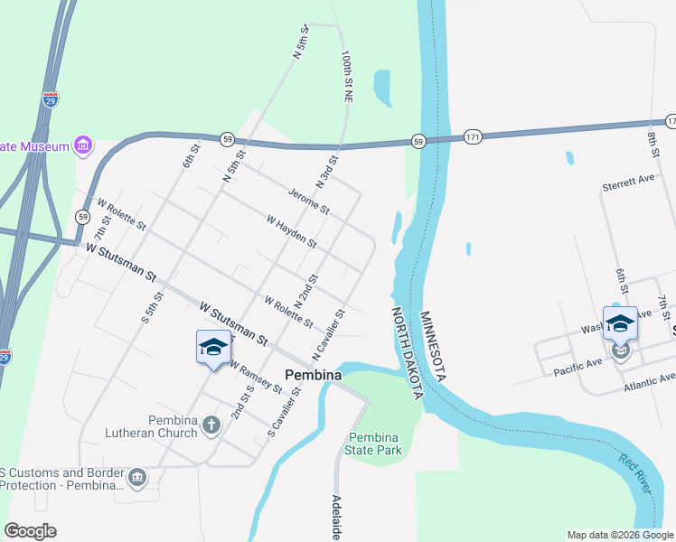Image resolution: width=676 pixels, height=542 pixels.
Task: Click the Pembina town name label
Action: click(x=313, y=374)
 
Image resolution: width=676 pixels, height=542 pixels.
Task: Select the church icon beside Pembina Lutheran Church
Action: click(x=211, y=425)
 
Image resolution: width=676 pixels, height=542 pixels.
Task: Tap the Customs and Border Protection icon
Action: click(x=137, y=477)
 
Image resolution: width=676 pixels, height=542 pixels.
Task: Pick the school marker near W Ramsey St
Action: click(x=213, y=348)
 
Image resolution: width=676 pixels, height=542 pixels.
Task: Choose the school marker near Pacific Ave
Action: click(x=620, y=324)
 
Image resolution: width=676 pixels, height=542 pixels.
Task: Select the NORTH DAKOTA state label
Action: click(x=408, y=352)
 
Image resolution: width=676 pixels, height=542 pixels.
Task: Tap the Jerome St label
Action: click(x=309, y=201)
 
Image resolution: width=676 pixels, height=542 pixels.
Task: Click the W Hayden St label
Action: click(x=291, y=231)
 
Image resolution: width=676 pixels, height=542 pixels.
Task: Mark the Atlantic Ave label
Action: click(x=648, y=386)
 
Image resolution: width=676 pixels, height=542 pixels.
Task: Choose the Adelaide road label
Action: click(x=336, y=518)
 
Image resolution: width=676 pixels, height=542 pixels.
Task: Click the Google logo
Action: click(x=31, y=531)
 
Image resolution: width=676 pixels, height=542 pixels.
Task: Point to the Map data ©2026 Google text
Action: click(x=620, y=535)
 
